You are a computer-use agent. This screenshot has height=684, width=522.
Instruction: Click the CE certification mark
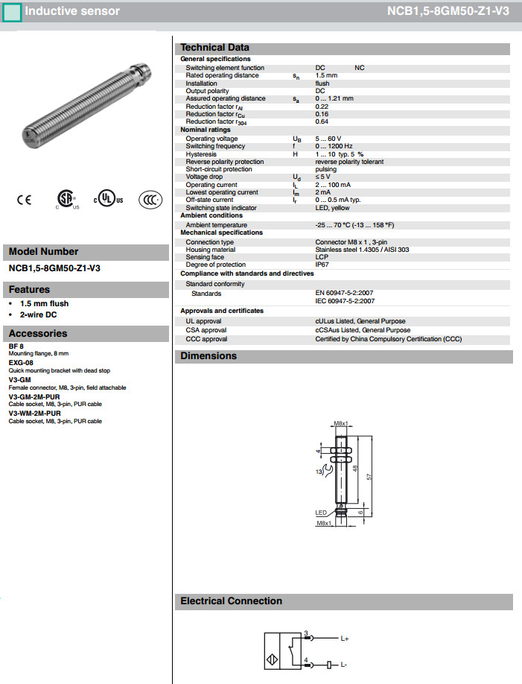(x=24, y=200)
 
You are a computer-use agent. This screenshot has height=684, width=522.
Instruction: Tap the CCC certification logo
(x=150, y=200)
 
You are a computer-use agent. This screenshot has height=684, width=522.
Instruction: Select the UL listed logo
(x=109, y=200)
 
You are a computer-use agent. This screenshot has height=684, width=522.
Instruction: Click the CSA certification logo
(x=67, y=200)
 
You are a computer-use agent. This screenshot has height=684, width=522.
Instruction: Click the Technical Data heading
(x=215, y=48)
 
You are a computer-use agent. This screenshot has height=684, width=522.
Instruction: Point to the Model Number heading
(x=43, y=252)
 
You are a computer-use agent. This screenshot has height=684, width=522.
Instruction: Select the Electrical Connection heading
(x=231, y=601)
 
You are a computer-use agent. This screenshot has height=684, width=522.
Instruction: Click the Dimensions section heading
(x=209, y=356)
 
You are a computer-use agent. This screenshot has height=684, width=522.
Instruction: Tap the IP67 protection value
(x=322, y=265)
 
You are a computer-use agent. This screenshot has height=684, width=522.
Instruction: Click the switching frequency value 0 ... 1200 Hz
(x=334, y=146)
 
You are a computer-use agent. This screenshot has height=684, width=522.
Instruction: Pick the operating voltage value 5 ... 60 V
(x=328, y=139)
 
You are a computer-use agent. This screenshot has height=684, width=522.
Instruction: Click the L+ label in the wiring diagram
(x=345, y=639)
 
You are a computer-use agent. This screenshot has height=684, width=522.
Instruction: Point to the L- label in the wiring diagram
(x=344, y=663)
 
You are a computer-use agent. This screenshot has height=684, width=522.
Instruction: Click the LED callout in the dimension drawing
(x=321, y=513)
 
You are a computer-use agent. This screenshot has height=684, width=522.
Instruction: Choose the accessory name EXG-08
(x=21, y=362)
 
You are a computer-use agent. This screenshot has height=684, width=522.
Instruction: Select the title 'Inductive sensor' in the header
(x=72, y=11)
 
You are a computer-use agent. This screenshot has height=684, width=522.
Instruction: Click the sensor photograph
(x=86, y=104)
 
